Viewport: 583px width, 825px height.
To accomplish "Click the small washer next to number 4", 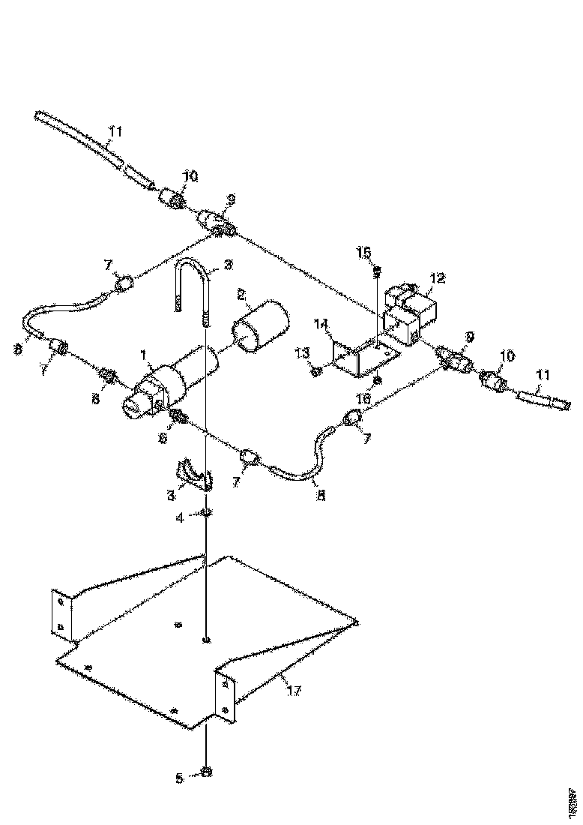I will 205,514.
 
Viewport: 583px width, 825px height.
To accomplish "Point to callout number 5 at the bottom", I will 178,778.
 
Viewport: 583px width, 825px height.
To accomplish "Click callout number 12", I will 438,278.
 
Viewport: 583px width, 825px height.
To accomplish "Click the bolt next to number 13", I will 318,370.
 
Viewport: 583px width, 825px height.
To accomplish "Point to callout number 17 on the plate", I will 294,690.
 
